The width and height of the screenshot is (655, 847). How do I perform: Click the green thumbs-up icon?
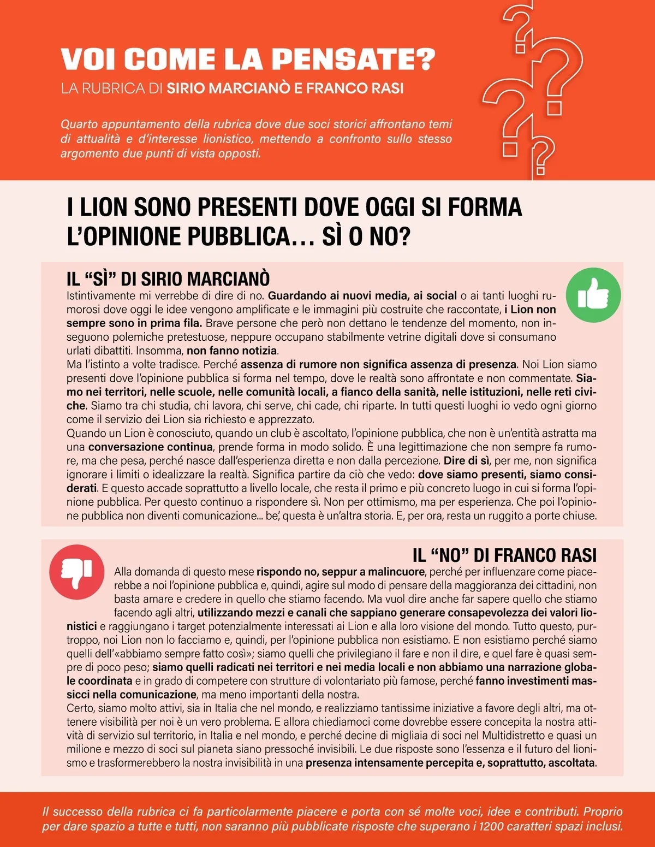pos(593,295)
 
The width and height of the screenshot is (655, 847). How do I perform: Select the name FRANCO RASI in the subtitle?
pos(355,88)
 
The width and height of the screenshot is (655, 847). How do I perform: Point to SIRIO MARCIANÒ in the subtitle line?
pos(229,88)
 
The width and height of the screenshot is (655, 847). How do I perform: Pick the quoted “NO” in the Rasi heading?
pos(450,555)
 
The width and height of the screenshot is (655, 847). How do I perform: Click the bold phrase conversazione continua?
pos(151,447)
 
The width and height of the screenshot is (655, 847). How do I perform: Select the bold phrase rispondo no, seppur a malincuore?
pos(341,572)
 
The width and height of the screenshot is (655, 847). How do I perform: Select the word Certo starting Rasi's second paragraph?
pos(80,708)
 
